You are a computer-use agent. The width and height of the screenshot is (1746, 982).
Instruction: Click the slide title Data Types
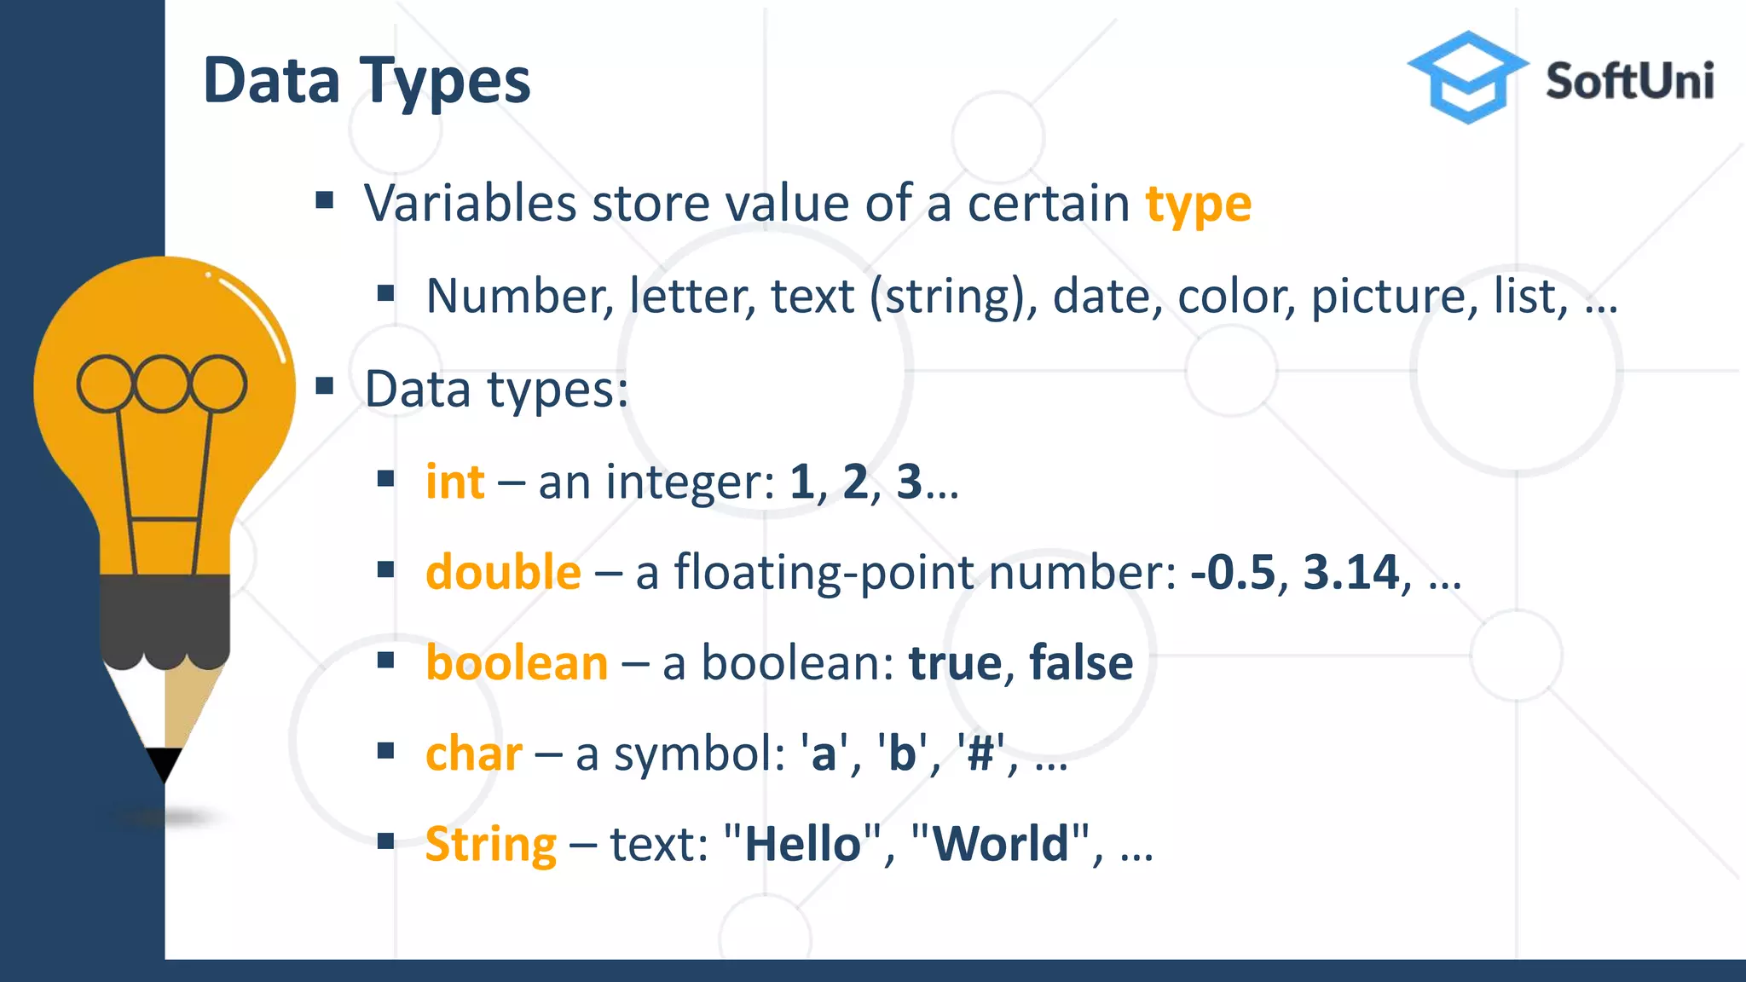(367, 82)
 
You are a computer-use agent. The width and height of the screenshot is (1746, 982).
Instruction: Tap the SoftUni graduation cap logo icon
(1466, 77)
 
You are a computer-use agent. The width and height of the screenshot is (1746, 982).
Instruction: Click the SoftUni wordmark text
(1629, 82)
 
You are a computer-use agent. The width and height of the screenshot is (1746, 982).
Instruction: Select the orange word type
(1198, 205)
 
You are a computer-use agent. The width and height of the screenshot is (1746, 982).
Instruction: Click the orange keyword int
(455, 482)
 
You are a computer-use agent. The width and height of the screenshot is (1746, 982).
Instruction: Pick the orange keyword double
(503, 572)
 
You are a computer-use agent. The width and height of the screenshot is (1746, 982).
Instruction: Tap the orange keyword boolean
(517, 663)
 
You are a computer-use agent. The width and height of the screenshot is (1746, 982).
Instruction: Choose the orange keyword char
(473, 754)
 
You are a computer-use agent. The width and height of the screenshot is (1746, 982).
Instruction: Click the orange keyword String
(490, 845)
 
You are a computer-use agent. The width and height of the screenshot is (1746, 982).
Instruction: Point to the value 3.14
(1351, 572)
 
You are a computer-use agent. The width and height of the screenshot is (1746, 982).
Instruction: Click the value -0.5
(1233, 572)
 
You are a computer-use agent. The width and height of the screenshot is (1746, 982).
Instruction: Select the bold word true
(955, 663)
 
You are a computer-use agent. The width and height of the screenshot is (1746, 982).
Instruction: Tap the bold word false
(1081, 663)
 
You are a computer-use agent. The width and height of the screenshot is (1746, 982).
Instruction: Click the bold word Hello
(802, 845)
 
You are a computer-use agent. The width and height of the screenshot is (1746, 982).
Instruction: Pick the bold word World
(1001, 845)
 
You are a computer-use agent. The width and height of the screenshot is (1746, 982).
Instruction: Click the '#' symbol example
(980, 754)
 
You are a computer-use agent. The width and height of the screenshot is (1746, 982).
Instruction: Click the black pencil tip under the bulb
(164, 763)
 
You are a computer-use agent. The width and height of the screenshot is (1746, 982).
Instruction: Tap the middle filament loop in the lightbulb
(161, 384)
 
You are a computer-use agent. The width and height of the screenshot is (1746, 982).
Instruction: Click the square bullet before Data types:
(324, 387)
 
